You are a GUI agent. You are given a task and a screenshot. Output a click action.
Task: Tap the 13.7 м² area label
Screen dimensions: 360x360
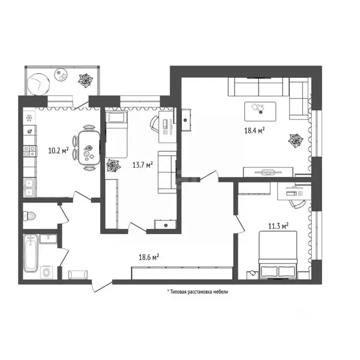(143, 165)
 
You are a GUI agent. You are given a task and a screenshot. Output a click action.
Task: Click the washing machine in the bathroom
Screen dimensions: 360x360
(47, 271)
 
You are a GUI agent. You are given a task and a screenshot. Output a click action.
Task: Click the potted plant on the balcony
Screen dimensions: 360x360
(85, 81)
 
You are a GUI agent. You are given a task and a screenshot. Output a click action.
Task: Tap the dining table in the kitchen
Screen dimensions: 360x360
(88, 147)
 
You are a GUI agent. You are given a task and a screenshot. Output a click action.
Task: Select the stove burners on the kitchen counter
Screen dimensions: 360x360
(30, 151)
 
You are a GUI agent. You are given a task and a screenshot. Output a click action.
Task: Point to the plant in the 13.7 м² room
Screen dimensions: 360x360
(112, 166)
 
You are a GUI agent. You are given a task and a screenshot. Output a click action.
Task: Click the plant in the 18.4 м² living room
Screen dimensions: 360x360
(295, 140)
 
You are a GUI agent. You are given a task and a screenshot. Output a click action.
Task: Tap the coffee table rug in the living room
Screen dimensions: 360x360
(260, 110)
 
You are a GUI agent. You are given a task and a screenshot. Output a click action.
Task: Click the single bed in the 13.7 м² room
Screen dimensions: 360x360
(116, 135)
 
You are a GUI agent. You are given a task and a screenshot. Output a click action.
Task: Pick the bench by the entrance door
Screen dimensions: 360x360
(78, 274)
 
